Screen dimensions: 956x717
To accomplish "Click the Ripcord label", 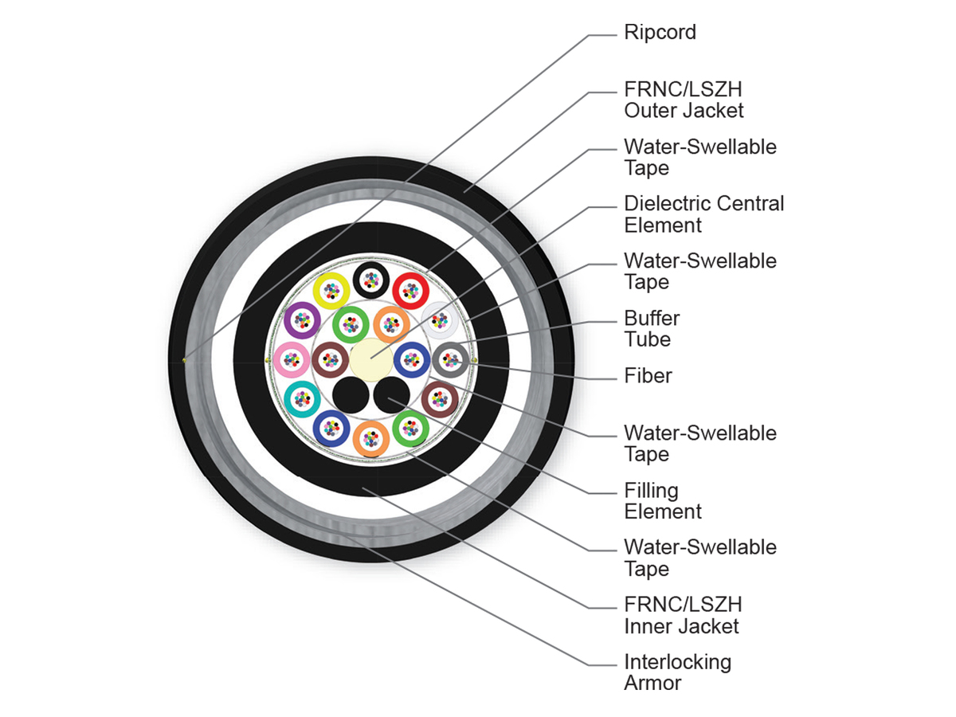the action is (x=660, y=33).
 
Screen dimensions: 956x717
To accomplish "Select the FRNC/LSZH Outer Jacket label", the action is (x=684, y=100).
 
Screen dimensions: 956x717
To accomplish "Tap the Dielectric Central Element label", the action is (x=703, y=214).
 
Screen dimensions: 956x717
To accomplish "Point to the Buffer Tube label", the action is (x=652, y=329).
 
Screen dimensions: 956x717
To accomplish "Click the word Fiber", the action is (x=648, y=375).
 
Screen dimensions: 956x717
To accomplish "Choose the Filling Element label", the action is (x=663, y=500).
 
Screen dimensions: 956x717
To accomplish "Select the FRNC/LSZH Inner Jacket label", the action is (x=683, y=615).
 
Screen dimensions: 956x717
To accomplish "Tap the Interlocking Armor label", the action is (x=677, y=672).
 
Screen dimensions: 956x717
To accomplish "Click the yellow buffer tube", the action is (x=331, y=292).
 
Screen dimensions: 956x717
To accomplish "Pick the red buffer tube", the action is (x=411, y=291).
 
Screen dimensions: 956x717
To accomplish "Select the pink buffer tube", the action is (x=292, y=359).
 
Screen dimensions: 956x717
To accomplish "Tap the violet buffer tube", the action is (x=302, y=320).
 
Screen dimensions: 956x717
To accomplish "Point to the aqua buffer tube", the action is (x=302, y=399).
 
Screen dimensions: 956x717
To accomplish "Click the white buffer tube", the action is (x=440, y=320).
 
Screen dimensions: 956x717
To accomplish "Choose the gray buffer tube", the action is (x=450, y=359).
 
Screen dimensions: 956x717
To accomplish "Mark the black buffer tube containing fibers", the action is (x=371, y=280).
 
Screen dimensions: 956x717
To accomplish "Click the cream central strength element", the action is (x=371, y=359).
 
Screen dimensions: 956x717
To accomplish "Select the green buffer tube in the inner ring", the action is (x=351, y=324).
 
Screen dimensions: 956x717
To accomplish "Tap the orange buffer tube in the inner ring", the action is (x=391, y=324).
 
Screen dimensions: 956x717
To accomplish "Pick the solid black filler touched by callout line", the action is (x=391, y=395).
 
